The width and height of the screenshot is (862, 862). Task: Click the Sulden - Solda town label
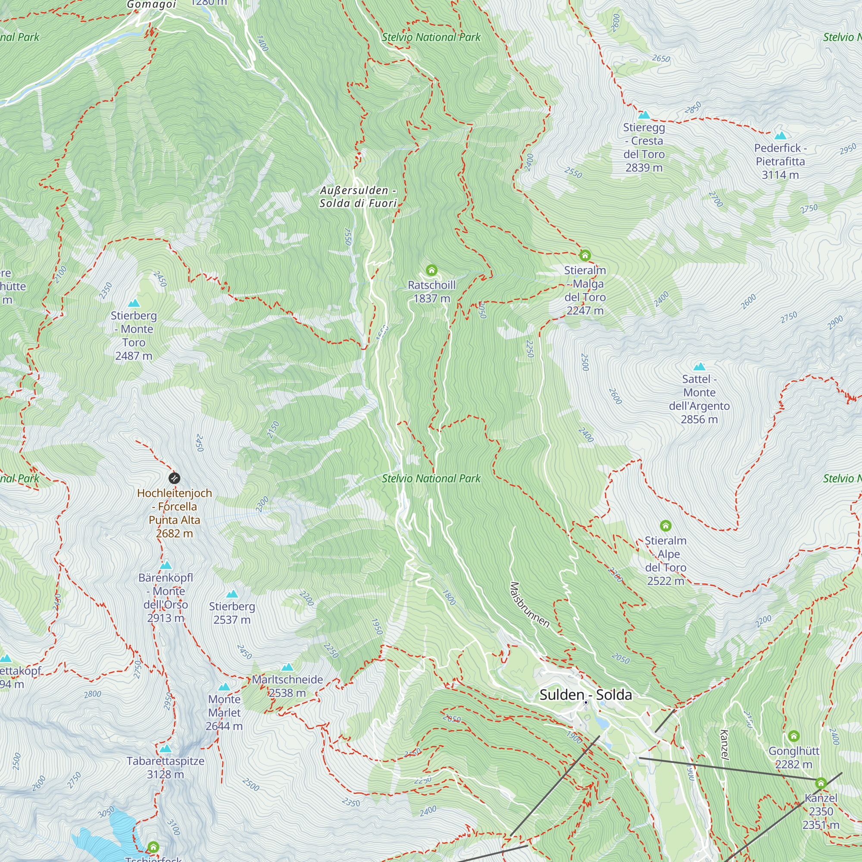(585, 695)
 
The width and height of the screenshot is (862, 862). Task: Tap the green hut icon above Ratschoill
(431, 270)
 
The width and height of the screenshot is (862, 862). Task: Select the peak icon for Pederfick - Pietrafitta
(780, 136)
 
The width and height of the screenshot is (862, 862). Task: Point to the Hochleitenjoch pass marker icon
(175, 478)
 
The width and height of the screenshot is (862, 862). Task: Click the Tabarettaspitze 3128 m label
(165, 768)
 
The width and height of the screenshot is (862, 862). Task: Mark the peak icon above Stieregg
(644, 115)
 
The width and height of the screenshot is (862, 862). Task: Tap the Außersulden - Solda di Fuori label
(358, 197)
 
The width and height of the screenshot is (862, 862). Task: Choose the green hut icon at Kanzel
(821, 783)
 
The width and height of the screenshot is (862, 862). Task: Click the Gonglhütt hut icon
(793, 736)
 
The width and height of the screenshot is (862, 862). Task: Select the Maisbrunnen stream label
(530, 605)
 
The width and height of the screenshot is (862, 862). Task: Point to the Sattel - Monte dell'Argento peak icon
(699, 367)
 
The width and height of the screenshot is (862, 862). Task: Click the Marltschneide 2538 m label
(287, 686)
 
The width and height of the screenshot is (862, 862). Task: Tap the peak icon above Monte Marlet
(225, 687)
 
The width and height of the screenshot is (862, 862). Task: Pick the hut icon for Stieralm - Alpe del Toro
(666, 525)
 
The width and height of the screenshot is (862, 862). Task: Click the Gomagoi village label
(152, 5)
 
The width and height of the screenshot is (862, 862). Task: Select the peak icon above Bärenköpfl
(166, 565)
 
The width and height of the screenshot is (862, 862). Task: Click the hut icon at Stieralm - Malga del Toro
(585, 255)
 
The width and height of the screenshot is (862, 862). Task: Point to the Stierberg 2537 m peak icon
(232, 594)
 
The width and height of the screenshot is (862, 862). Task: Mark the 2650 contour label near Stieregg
(661, 59)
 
